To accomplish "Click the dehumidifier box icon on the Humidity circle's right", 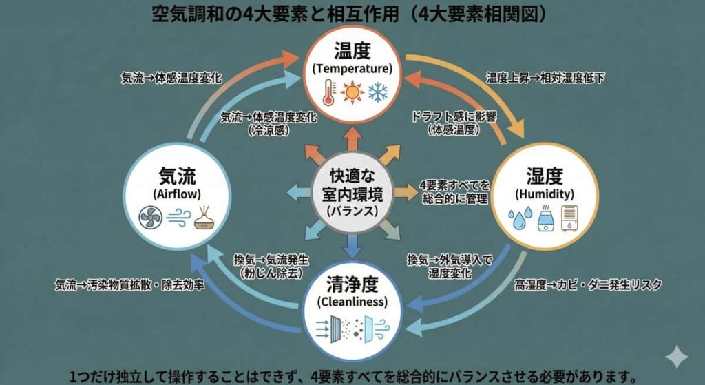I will [x=569, y=218].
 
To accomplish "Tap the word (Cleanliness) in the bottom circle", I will [x=352, y=302].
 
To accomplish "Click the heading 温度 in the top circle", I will [x=352, y=51].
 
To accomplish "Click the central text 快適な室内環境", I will [x=352, y=185].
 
